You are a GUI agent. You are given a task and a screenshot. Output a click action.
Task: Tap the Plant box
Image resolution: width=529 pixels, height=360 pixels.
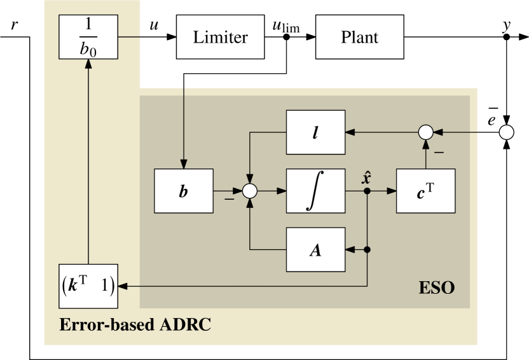pyautogui.click(x=359, y=37)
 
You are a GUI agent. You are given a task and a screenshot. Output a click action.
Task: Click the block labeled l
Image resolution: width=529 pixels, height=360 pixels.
pyautogui.click(x=315, y=132)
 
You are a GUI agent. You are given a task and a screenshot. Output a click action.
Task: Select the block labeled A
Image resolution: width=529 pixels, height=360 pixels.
pyautogui.click(x=315, y=249)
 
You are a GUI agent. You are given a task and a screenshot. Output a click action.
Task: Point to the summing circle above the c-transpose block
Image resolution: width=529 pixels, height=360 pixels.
pyautogui.click(x=425, y=132)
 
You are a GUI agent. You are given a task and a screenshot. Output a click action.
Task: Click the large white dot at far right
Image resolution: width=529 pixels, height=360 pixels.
pyautogui.click(x=506, y=132)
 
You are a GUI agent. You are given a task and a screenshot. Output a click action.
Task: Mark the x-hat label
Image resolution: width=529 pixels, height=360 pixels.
pyautogui.click(x=367, y=177)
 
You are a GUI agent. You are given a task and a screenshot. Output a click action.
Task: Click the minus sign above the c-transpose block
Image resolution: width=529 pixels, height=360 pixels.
pyautogui.click(x=438, y=153)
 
